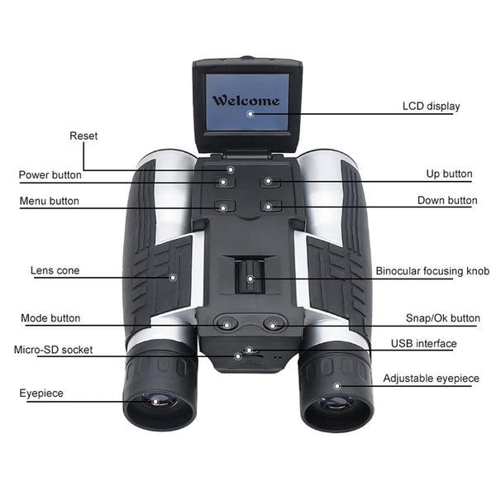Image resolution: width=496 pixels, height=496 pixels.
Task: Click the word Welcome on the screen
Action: [246, 101]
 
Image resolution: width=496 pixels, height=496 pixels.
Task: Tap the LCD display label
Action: [431, 107]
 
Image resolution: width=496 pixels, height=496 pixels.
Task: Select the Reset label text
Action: [83, 136]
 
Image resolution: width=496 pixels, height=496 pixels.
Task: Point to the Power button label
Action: [50, 175]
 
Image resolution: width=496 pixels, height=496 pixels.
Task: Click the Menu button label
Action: [50, 201]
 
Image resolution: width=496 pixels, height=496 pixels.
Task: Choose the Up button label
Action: [449, 174]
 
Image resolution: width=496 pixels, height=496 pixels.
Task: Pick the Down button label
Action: [447, 201]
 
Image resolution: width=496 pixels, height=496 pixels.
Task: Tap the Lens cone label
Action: [55, 270]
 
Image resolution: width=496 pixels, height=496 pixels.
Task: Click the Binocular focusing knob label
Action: [432, 271]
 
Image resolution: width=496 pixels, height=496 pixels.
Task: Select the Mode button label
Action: [51, 318]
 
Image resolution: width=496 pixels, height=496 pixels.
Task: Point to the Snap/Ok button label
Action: [442, 318]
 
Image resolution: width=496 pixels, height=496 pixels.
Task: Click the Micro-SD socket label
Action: [54, 350]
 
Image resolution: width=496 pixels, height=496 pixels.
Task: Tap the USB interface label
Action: [424, 344]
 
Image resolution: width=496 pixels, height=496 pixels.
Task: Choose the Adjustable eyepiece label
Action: [431, 379]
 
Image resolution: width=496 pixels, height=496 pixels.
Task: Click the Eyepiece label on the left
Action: [41, 393]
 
